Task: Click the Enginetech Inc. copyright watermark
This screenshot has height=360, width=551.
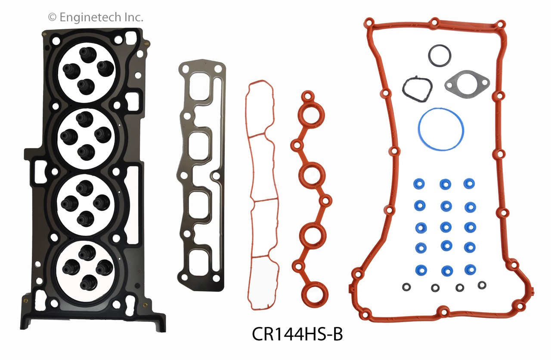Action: click(95, 17)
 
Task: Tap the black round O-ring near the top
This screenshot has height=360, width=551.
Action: click(440, 55)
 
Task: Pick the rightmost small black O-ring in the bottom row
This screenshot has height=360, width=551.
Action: click(482, 285)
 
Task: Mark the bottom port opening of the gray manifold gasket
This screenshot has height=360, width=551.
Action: click(201, 263)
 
